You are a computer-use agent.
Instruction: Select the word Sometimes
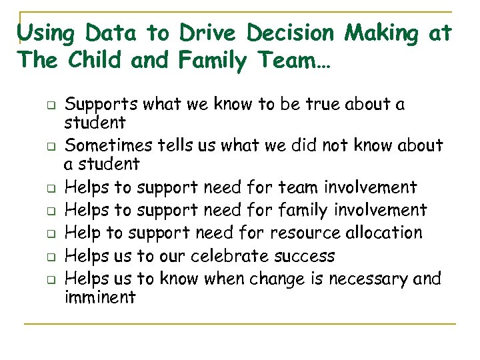click(x=111, y=145)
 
